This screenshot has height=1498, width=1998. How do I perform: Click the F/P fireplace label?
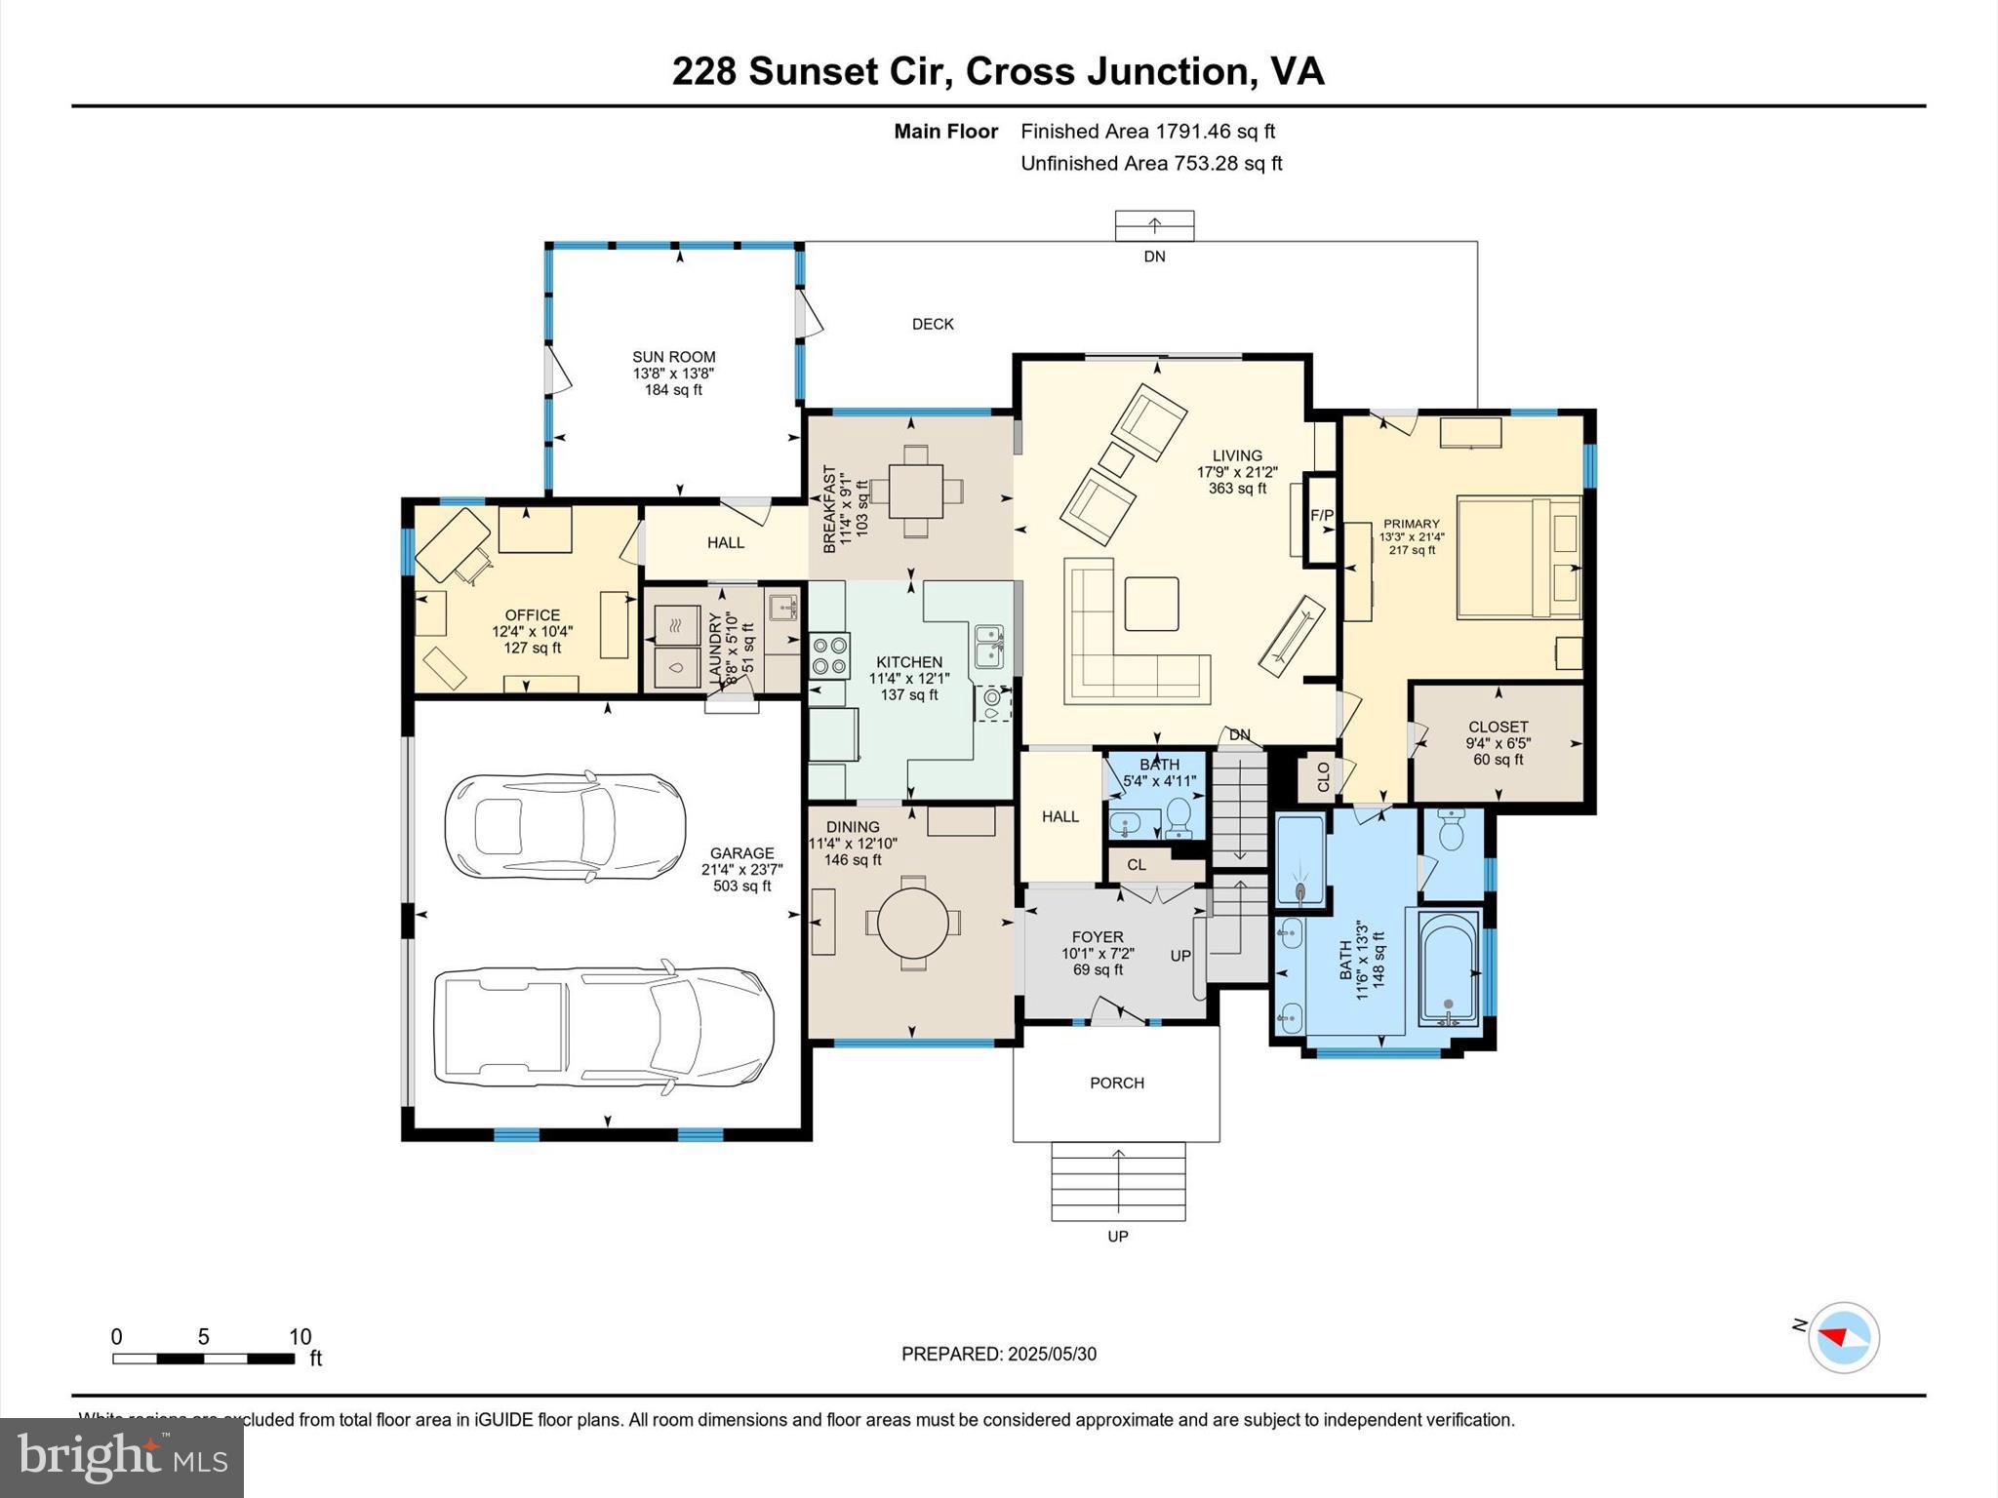(1322, 515)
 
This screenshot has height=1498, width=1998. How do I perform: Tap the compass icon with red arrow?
(1843, 1337)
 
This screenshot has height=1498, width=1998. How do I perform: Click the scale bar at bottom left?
(203, 1358)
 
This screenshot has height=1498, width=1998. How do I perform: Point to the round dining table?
(913, 922)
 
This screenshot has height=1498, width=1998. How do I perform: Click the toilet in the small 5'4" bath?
(1179, 816)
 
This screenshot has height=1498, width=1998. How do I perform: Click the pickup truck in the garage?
(603, 1027)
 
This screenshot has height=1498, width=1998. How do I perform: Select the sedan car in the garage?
(565, 828)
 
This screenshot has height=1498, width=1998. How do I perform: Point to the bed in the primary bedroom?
(1518, 557)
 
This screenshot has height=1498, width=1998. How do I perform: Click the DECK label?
(933, 324)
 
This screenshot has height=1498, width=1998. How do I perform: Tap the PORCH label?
(1117, 1083)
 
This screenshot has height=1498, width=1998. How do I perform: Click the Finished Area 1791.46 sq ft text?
(1147, 132)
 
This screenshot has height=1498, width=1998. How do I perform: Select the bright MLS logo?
(121, 1457)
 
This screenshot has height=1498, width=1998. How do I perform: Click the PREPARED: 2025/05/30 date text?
(998, 1354)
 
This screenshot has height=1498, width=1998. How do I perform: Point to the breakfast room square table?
(916, 491)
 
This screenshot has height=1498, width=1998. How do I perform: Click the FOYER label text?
(1098, 937)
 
